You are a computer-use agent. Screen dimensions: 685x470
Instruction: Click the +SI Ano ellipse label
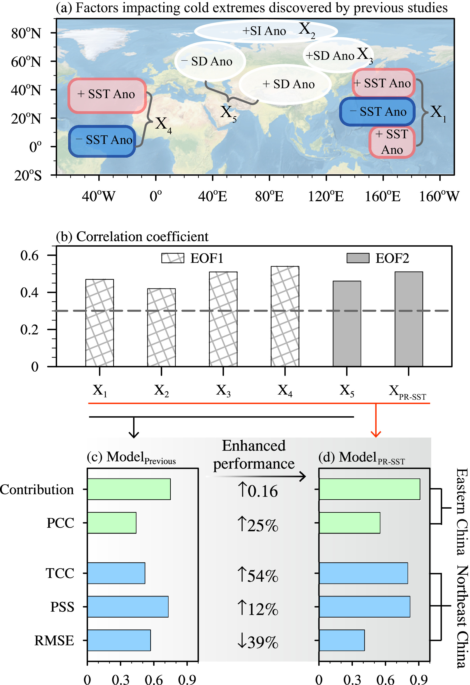click(x=264, y=31)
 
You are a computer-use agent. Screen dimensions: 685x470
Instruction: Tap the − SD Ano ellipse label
click(x=210, y=61)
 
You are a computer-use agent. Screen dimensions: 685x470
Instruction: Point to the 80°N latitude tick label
click(x=26, y=33)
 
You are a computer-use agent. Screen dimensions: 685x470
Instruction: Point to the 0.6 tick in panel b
click(x=30, y=255)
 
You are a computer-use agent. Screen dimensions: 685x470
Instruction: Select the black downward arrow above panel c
click(x=134, y=428)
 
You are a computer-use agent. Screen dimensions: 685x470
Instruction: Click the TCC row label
click(x=60, y=573)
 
